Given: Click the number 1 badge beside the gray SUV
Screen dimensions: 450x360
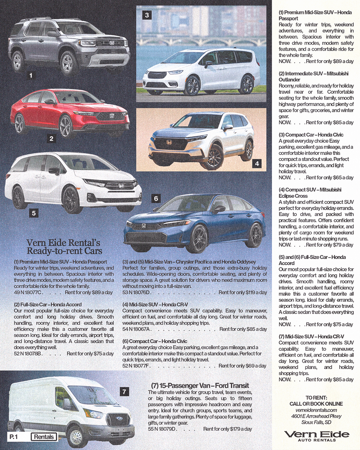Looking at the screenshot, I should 31,76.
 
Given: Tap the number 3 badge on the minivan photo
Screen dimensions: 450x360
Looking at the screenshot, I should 147,15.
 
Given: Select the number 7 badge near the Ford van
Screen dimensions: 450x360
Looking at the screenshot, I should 124,392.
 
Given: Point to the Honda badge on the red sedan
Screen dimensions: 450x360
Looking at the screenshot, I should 112,116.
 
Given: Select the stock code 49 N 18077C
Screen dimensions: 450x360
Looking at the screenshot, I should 28,292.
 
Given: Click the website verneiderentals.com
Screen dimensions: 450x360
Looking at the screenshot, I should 316,410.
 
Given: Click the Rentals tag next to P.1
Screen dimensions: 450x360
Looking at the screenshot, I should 44,437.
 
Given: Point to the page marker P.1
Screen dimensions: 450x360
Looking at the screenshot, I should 14,437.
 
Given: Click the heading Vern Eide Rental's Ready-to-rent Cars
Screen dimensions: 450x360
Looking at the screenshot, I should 64,247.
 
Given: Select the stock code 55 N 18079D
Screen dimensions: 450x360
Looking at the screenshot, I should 162,429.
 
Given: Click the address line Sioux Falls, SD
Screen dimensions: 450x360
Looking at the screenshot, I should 316,422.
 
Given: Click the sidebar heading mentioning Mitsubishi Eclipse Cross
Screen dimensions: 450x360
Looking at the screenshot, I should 310,193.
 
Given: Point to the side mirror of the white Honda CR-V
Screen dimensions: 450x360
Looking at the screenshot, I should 228,128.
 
